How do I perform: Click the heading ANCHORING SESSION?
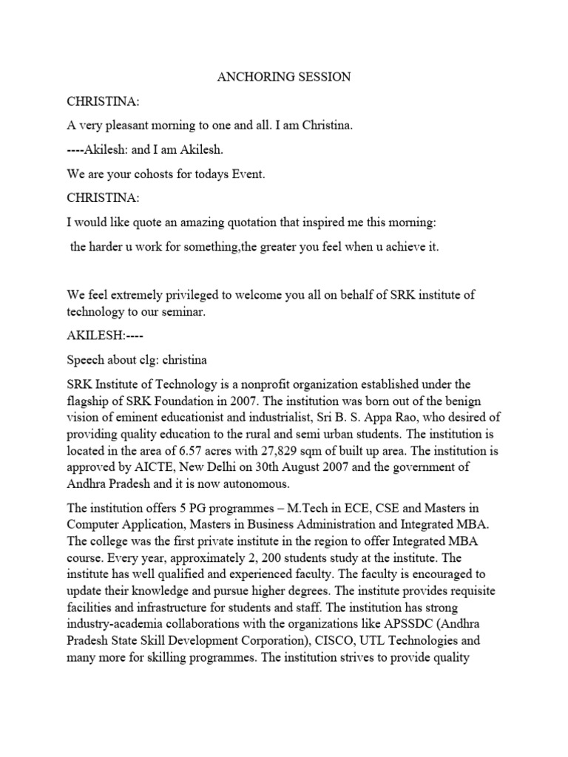[283, 78]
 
